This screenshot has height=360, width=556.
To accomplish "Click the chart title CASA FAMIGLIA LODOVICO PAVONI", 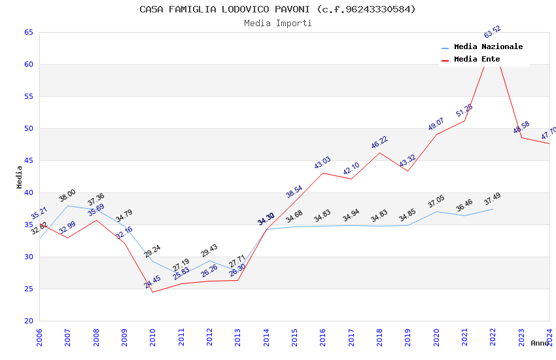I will pos(277,9).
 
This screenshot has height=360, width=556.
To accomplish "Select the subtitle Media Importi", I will pos(277,23).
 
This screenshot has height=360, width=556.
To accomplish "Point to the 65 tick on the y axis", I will pos(29,32).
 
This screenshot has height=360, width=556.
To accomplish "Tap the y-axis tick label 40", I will pos(29,192).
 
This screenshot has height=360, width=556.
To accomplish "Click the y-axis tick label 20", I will pos(29,321).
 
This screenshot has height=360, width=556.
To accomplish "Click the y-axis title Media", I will pos(20,177).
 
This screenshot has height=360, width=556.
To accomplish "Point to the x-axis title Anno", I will pos(540,343).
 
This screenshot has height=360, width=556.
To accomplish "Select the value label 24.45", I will pos(152,282).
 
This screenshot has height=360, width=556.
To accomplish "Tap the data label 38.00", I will pos(67,195).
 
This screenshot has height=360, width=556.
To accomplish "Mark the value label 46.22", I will pos(379,143).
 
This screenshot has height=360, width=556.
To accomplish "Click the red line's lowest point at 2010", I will pos(152,292).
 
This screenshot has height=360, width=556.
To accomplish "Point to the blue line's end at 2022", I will pos(493,209).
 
